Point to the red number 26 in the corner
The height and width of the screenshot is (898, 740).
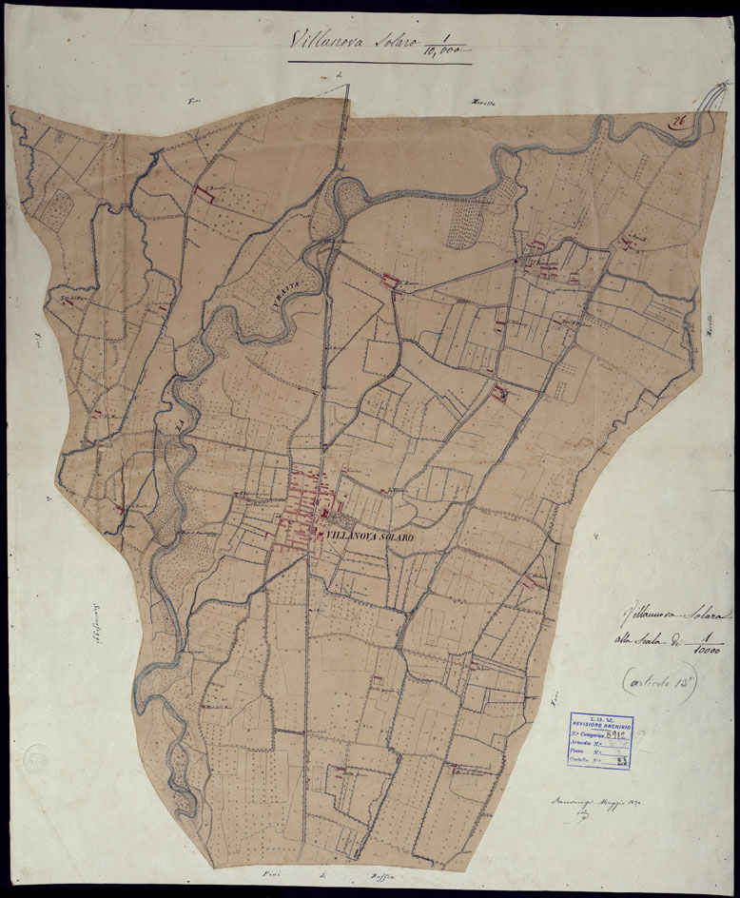point(679,121)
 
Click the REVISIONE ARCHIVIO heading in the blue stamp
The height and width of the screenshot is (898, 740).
point(601,726)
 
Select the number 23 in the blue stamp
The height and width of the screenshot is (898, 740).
point(620,762)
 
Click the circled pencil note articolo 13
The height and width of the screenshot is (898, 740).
point(655,681)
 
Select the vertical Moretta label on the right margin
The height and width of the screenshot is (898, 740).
point(711,334)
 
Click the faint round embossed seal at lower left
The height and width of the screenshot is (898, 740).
point(36,758)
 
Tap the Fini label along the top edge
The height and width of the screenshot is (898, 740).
point(197,100)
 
